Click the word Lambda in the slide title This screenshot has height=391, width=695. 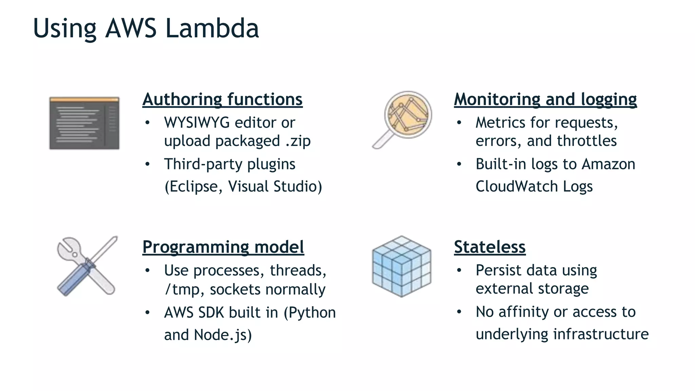click(212, 29)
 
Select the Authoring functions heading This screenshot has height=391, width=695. click(222, 99)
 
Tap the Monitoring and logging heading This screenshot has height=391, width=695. click(545, 99)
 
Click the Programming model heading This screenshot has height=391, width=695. click(223, 247)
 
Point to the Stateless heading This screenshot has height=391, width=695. click(490, 247)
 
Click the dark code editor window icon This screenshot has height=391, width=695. click(84, 123)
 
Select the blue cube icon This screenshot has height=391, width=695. click(401, 266)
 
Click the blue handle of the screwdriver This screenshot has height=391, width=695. click(73, 280)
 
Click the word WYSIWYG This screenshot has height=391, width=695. click(197, 123)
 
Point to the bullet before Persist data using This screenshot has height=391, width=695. click(459, 271)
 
